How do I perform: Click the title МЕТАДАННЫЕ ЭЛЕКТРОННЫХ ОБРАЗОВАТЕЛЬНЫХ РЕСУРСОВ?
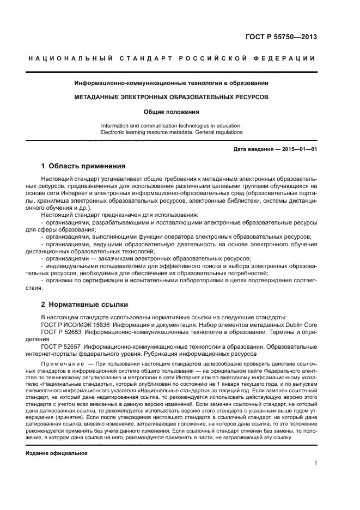click(x=172, y=97)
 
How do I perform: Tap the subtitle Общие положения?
click(x=172, y=112)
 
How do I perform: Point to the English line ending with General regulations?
click(x=172, y=132)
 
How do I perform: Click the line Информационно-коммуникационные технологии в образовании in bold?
click(x=172, y=83)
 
